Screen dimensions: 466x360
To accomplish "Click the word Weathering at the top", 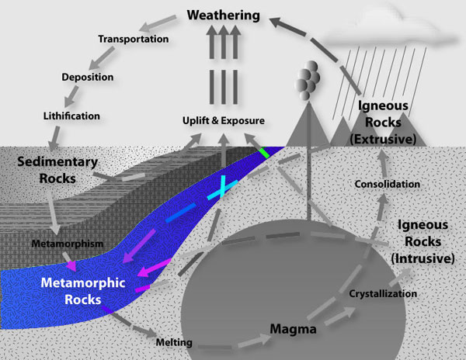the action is (223, 16).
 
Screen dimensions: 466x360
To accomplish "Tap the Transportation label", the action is (134, 39).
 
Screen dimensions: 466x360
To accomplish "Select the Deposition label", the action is (87, 77).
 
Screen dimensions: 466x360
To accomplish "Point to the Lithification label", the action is (71, 116).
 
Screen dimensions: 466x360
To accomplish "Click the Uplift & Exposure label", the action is (224, 120).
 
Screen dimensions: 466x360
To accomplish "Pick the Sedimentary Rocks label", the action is (57, 170).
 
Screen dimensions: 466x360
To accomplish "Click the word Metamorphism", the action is (68, 244).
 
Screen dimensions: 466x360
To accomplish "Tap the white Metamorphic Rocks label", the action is (83, 291).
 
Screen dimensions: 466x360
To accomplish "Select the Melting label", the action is (174, 342).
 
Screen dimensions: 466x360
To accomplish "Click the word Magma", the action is (293, 329).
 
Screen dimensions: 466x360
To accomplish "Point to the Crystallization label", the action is (383, 294).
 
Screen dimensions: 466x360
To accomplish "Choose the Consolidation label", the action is (388, 184).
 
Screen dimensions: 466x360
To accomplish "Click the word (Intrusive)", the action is (423, 258).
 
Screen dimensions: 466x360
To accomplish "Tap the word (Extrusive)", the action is (383, 139).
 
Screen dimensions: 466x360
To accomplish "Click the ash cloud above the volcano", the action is (307, 80).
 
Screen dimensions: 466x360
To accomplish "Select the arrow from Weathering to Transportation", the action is (158, 23).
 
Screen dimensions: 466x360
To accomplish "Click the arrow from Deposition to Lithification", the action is (71, 96).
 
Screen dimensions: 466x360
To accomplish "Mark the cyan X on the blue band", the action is (222, 189).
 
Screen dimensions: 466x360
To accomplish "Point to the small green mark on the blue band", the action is (264, 153).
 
